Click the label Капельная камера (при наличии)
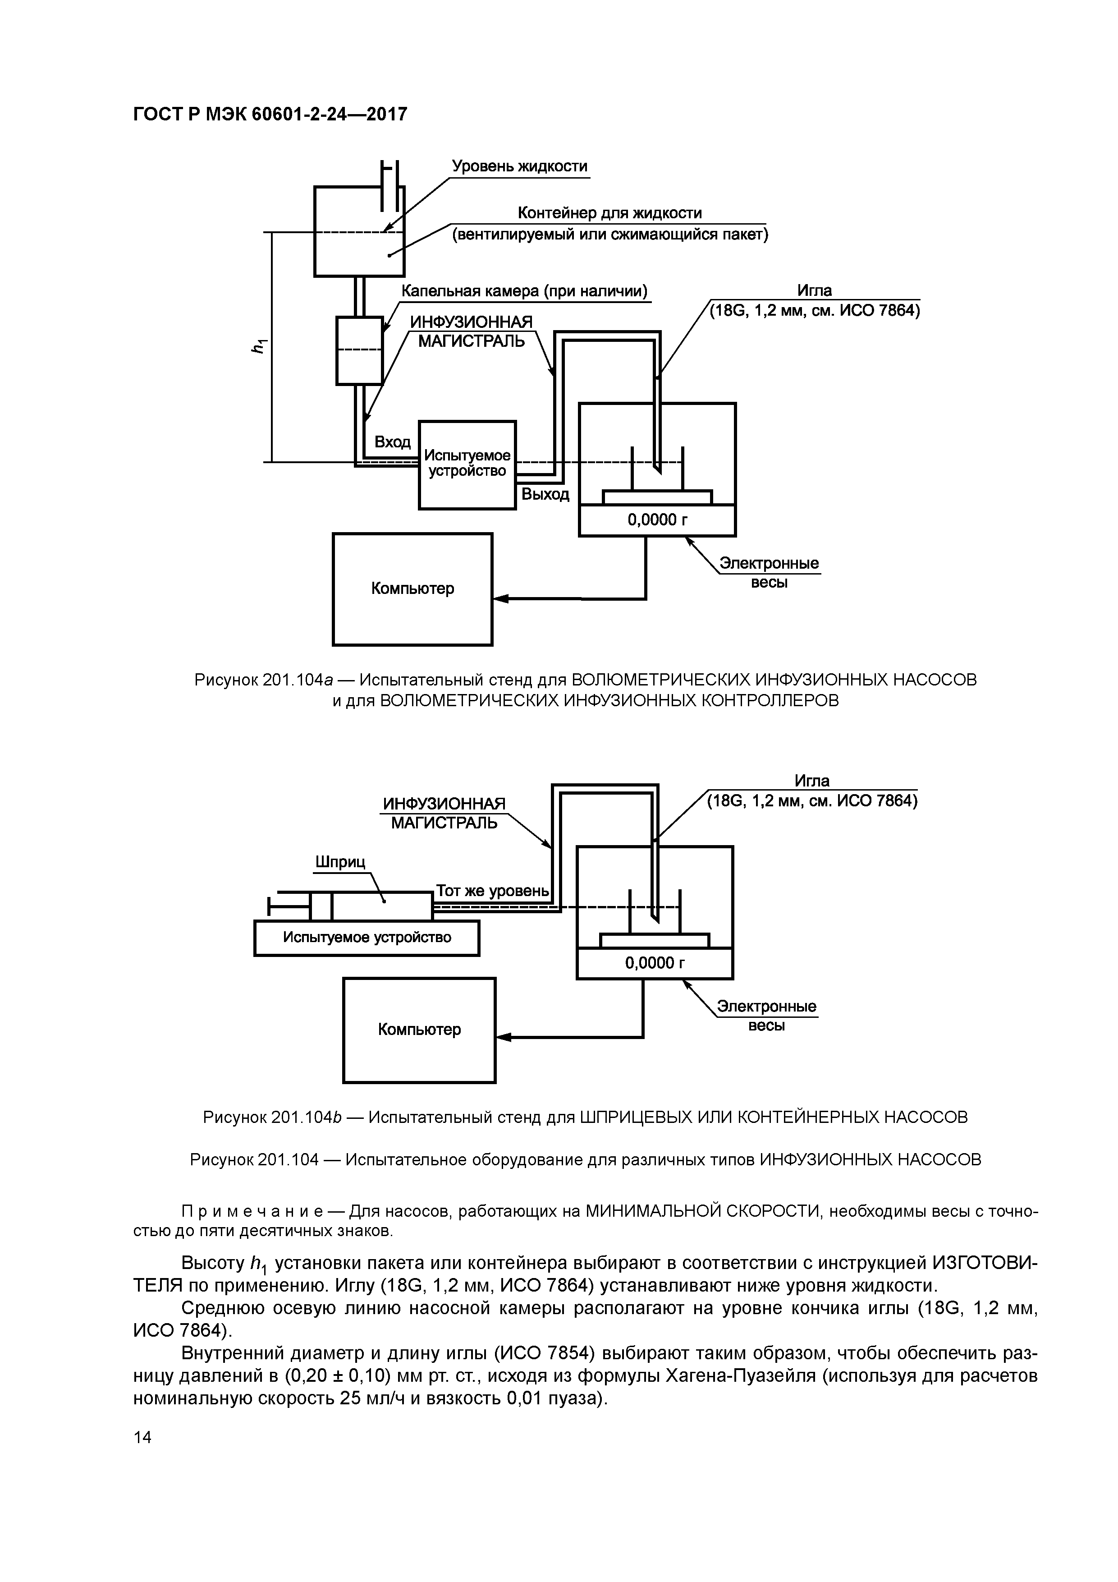[525, 291]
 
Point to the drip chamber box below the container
[359, 350]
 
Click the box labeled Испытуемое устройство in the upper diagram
[467, 464]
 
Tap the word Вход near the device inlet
[392, 441]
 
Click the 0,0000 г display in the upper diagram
[657, 520]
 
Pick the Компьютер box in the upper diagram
[412, 589]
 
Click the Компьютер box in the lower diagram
[419, 1030]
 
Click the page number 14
[142, 1456]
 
